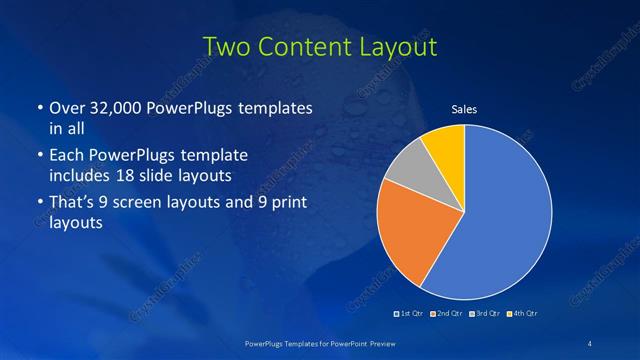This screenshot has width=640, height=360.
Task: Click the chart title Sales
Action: (x=464, y=108)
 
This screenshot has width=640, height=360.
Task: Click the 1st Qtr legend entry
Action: (x=410, y=316)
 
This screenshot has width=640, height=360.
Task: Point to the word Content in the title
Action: (x=300, y=46)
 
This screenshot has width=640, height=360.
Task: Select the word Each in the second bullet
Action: (x=66, y=156)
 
